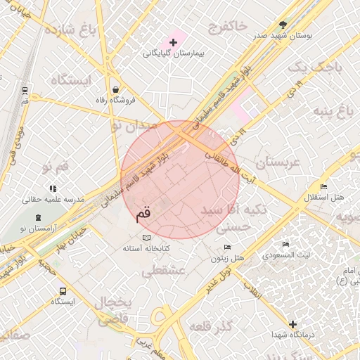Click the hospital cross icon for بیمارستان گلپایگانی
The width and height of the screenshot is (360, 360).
click(x=174, y=43)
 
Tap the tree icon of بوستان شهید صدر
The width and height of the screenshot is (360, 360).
click(x=283, y=23)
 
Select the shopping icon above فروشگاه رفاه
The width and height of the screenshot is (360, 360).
click(x=115, y=90)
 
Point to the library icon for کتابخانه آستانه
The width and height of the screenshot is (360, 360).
click(x=146, y=238)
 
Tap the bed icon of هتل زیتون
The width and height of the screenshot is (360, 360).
click(x=227, y=247)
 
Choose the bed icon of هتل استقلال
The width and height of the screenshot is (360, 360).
click(x=323, y=186)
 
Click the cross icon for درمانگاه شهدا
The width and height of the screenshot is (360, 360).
click(x=293, y=324)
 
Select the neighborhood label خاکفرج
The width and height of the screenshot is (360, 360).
click(x=228, y=26)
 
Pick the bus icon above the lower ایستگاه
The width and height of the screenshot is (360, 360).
click(x=63, y=291)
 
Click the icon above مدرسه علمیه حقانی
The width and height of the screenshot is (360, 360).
click(x=52, y=188)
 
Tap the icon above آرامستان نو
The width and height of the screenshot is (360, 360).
click(x=37, y=219)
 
